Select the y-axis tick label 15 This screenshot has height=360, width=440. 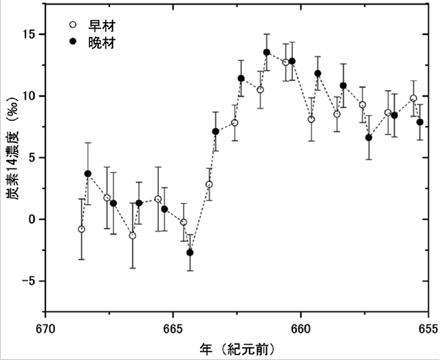coord(28,34)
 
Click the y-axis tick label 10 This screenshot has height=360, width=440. coord(28,95)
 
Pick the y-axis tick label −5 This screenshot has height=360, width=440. coord(28,281)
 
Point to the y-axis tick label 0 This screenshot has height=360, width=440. coord(32,219)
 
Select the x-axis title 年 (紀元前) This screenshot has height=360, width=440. coord(236,348)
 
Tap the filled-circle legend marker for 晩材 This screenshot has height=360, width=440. coord(62,44)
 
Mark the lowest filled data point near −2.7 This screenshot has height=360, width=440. coord(190,253)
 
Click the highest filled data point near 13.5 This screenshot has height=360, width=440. coord(267,52)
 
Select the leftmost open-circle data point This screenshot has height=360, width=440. coord(82,229)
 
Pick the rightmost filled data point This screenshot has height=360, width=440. coord(420,122)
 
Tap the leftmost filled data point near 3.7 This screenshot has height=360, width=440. coord(88,174)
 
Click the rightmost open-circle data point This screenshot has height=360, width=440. coord(413,98)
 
